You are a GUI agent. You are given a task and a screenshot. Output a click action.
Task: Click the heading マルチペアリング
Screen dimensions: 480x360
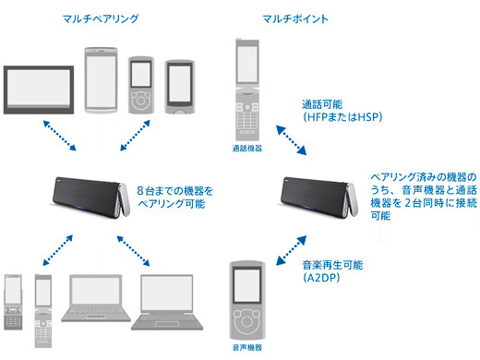(x=101, y=19)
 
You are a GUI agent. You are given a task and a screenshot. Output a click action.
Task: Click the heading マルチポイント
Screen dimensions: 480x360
(x=295, y=19)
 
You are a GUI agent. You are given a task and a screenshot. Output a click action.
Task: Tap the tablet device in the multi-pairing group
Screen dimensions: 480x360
(x=39, y=90)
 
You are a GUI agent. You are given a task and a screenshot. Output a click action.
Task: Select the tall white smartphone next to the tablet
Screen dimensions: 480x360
(x=101, y=80)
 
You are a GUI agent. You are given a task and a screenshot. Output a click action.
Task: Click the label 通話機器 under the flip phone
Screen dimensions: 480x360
(x=247, y=149)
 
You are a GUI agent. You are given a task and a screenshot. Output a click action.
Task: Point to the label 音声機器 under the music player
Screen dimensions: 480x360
(x=247, y=348)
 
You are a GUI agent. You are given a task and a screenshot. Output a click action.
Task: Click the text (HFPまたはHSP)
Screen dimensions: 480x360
(x=342, y=117)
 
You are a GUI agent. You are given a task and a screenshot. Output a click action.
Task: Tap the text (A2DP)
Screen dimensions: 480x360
(x=321, y=278)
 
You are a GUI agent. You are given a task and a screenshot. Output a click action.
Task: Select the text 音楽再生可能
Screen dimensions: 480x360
(x=332, y=265)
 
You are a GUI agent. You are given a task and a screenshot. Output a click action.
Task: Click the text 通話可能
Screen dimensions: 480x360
(x=322, y=104)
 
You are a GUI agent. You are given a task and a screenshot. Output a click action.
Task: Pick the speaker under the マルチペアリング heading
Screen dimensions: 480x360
(x=91, y=197)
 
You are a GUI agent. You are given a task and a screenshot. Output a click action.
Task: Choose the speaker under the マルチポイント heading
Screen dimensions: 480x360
(x=319, y=197)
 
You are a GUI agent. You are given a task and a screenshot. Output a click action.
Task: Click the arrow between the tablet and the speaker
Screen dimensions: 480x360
(x=60, y=136)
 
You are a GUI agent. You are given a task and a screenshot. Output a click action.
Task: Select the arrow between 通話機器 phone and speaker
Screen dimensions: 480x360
(x=291, y=140)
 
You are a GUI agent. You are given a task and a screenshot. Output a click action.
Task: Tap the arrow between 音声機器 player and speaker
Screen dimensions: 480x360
(x=291, y=250)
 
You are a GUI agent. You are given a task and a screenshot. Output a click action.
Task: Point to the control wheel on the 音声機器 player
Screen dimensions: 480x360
(x=246, y=321)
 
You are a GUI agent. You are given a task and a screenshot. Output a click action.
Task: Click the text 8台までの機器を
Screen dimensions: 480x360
(x=174, y=191)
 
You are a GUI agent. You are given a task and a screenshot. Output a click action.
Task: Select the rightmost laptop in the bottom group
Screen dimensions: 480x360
(x=167, y=302)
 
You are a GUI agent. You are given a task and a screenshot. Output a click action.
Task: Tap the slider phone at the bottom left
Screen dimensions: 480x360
(x=13, y=302)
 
